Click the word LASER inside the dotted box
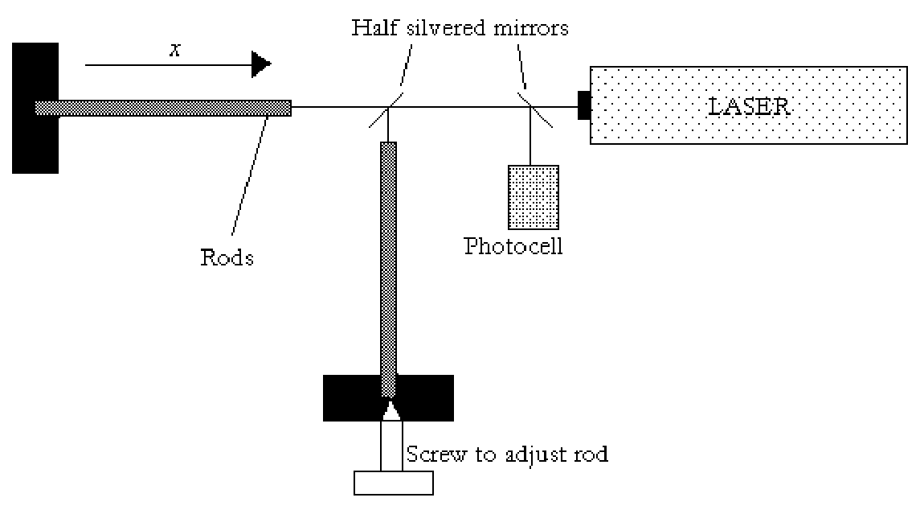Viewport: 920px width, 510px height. click(x=749, y=107)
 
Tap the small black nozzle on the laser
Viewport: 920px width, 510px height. click(x=584, y=105)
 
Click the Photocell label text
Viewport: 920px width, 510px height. click(x=513, y=246)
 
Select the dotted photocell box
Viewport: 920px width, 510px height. click(x=534, y=197)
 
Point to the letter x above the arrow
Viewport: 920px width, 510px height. click(x=175, y=51)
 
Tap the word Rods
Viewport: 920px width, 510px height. click(x=227, y=257)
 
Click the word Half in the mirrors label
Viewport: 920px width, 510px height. click(x=376, y=27)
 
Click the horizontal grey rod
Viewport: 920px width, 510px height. click(x=163, y=108)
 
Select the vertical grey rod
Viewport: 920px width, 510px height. click(x=388, y=269)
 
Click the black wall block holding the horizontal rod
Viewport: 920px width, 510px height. click(x=35, y=108)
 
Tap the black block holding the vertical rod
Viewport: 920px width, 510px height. click(x=388, y=397)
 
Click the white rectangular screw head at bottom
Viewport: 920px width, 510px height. click(x=394, y=483)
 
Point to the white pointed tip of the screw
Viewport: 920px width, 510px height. click(x=391, y=410)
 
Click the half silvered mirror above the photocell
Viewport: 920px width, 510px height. click(x=534, y=109)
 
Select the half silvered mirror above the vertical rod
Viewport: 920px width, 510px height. click(x=386, y=108)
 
